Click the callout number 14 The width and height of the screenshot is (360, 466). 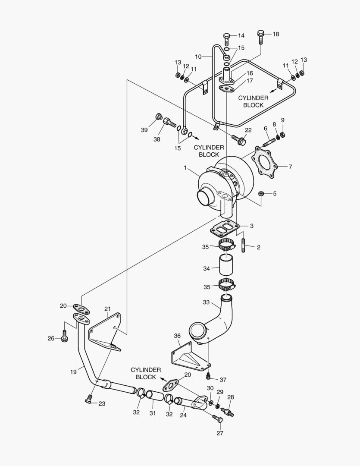[x=241, y=35]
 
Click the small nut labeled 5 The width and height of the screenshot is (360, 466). [x=261, y=193]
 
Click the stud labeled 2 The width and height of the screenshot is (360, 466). [x=244, y=246]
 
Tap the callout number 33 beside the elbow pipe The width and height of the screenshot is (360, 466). [x=207, y=302]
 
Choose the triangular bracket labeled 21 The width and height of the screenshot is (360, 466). [x=105, y=331]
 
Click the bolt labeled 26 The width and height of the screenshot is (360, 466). [x=64, y=336]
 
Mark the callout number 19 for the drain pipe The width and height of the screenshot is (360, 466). [x=74, y=371]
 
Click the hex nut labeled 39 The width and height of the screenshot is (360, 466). [x=158, y=117]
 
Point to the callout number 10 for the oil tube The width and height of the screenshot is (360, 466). [x=198, y=57]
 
